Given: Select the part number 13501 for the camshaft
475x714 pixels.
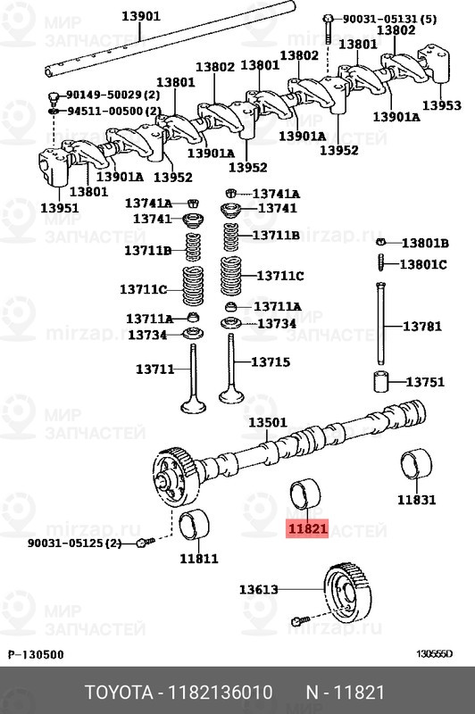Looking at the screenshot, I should (267, 423).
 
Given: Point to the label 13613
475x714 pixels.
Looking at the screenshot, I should (258, 589).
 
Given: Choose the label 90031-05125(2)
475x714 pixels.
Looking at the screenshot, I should (74, 543).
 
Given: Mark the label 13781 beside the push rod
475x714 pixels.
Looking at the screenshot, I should (421, 327).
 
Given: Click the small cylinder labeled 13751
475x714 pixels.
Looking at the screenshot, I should (382, 381).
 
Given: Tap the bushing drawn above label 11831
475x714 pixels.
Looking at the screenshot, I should (415, 466).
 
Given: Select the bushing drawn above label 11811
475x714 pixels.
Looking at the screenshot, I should (197, 527).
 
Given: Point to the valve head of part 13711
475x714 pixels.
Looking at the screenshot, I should (192, 407).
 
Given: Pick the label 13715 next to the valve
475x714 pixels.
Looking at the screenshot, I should (270, 362).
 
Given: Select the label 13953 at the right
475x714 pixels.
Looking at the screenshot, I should (441, 105).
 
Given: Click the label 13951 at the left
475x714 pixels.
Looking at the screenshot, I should (59, 208).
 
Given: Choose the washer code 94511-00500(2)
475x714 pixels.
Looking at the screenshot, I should (114, 111).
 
